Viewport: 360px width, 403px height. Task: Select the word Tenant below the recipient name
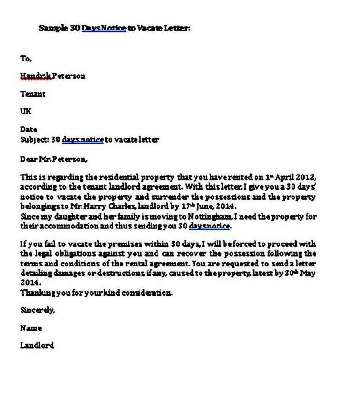click(33, 94)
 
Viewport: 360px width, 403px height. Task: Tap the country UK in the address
click(26, 112)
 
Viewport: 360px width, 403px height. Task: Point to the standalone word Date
click(29, 129)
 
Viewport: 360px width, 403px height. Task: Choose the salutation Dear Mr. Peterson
click(53, 159)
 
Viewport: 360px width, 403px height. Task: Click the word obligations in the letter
click(69, 253)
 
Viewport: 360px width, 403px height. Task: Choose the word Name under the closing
click(31, 328)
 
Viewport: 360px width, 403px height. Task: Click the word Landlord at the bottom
click(37, 345)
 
